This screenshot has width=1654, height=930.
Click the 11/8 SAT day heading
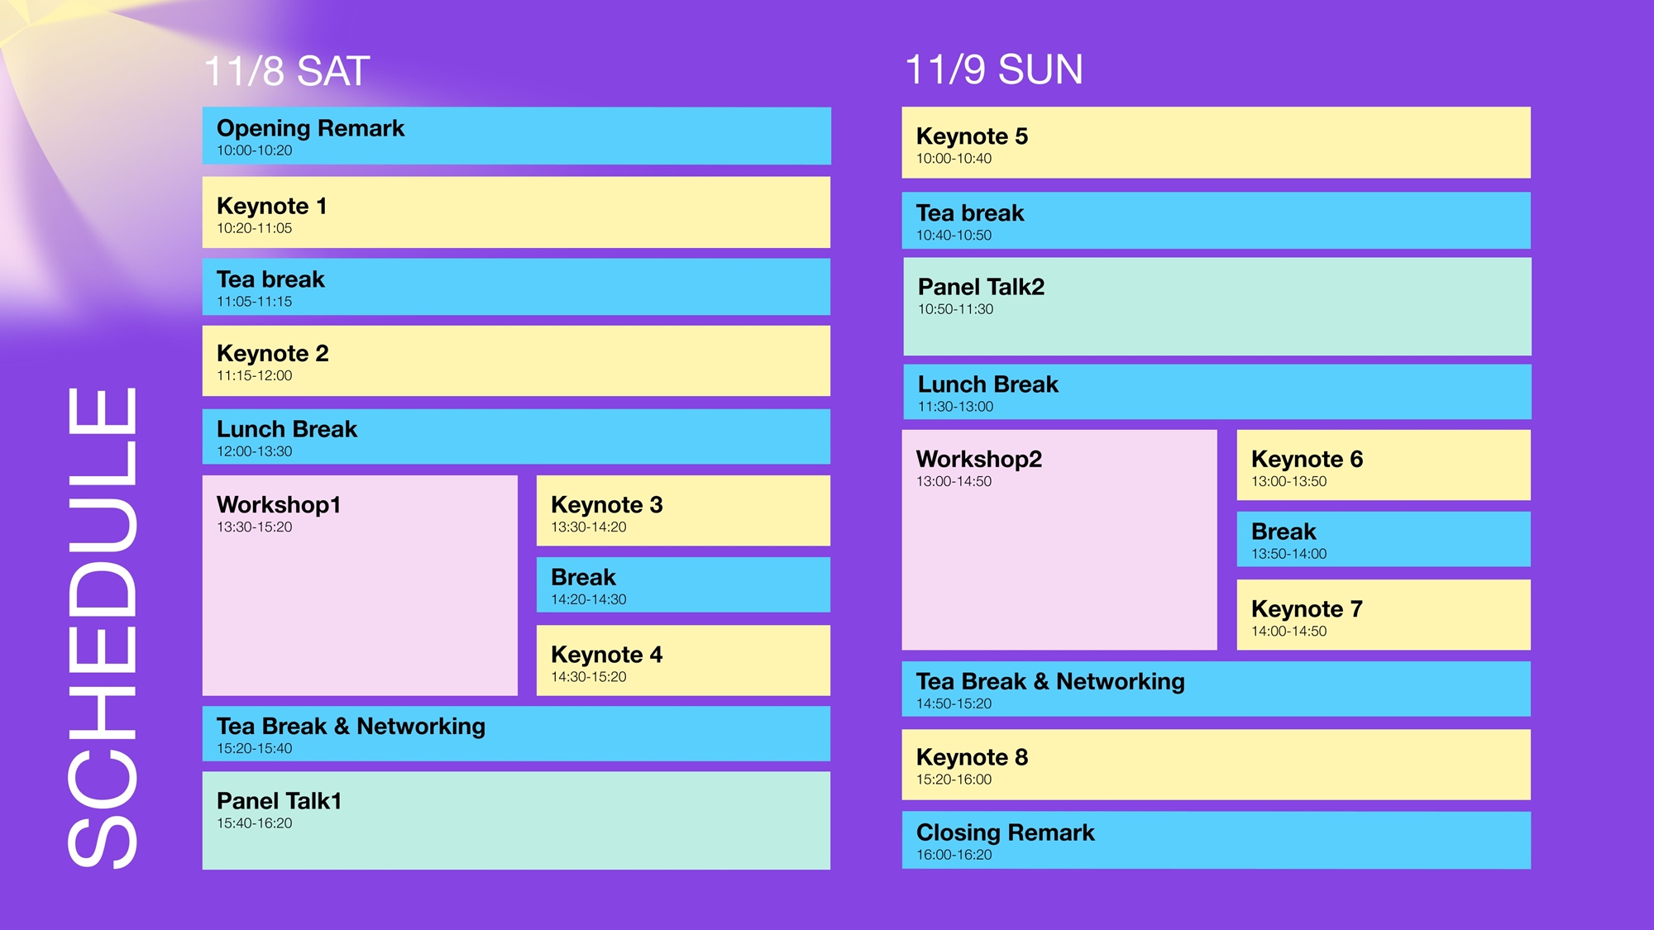[286, 71]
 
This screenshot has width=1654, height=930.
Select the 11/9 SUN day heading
[993, 69]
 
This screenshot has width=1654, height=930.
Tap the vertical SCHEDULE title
[103, 627]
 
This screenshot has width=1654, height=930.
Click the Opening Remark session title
[310, 128]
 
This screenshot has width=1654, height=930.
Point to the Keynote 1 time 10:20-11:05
[254, 228]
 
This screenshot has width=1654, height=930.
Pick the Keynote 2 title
[272, 354]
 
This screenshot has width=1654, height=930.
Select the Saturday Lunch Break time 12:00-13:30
[254, 451]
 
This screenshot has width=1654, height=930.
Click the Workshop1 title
[278, 504]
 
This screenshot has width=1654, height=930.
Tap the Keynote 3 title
[606, 504]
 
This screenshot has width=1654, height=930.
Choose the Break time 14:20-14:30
[588, 599]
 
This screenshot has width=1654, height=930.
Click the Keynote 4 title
[606, 655]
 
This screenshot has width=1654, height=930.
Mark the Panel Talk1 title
[279, 801]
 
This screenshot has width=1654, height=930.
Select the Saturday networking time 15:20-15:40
[254, 748]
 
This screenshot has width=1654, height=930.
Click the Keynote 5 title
[972, 136]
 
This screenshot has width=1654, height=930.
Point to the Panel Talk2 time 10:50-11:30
[955, 309]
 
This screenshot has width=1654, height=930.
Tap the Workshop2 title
[978, 459]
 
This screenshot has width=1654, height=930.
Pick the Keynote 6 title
[1307, 459]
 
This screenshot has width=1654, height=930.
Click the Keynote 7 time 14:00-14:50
[1288, 632]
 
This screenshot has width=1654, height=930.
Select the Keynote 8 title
[972, 757]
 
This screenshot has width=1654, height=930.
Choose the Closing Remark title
[1005, 832]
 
